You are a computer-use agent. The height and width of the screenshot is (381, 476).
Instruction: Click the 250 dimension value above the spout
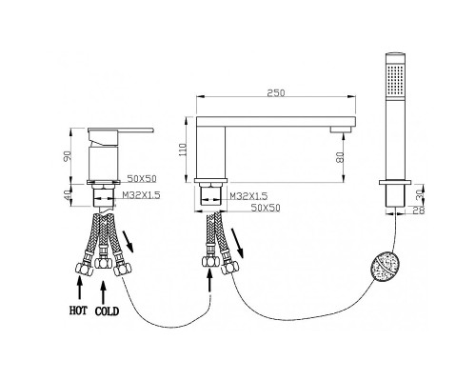click(276, 93)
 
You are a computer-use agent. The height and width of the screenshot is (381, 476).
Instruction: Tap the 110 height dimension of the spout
click(183, 150)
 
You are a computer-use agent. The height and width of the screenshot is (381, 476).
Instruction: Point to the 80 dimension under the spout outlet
click(340, 157)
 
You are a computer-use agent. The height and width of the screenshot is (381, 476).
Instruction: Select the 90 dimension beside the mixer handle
click(68, 156)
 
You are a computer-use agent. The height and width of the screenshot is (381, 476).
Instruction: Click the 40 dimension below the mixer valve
click(68, 195)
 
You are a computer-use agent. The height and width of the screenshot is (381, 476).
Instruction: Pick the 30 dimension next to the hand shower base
click(420, 194)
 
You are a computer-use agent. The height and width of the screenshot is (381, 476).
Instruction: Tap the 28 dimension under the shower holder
click(421, 210)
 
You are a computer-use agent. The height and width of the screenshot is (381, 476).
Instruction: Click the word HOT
click(78, 311)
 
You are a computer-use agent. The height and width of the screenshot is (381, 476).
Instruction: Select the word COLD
click(107, 311)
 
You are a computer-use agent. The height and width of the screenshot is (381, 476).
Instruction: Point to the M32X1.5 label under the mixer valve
click(142, 195)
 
